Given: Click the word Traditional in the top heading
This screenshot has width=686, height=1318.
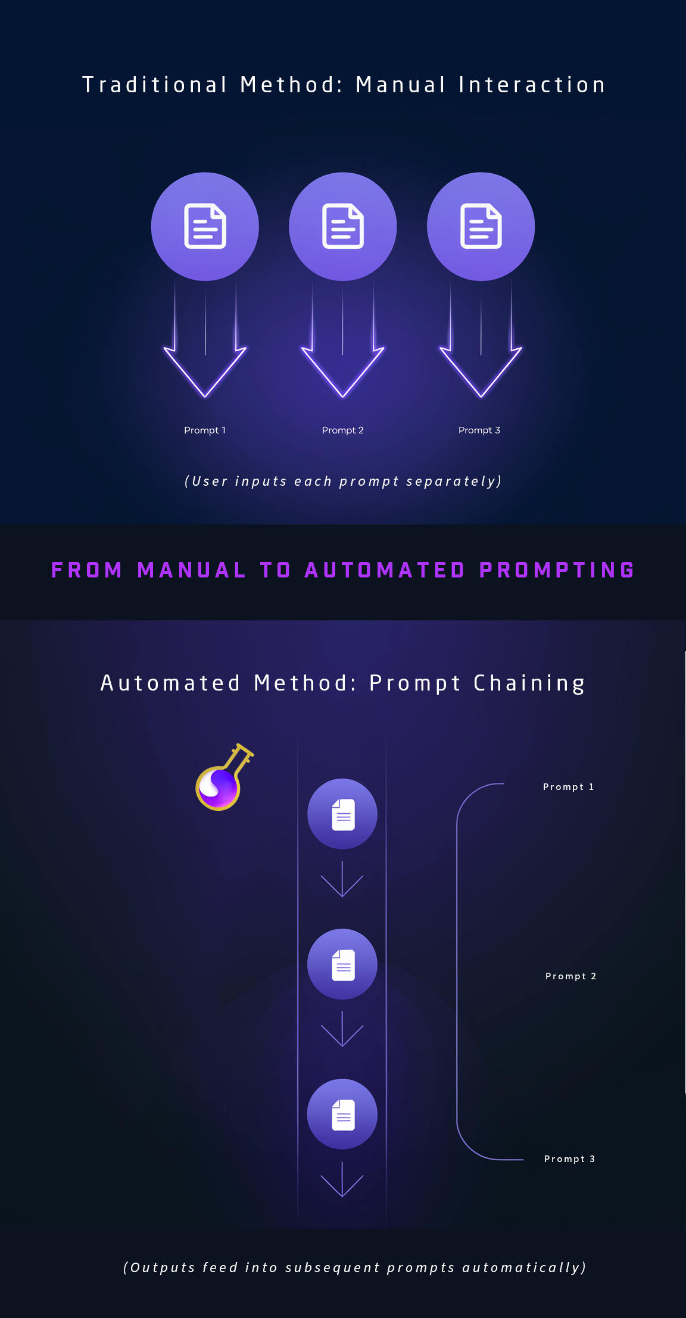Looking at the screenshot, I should pos(155,85).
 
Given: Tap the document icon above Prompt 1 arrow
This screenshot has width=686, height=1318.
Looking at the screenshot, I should pos(205,226).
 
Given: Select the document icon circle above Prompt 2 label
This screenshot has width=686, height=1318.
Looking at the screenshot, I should pos(343,226).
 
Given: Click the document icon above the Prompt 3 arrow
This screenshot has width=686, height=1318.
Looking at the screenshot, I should pos(481,226).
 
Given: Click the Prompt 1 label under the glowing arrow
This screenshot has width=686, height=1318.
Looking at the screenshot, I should pos(205,430).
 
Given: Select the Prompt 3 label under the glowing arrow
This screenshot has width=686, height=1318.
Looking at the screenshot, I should pos(479,430).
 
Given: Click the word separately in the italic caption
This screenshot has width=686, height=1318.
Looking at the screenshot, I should pos(454,482).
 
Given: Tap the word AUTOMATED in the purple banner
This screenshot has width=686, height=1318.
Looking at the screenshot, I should pos(385,570).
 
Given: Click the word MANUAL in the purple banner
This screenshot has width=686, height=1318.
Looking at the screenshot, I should pos(192,570).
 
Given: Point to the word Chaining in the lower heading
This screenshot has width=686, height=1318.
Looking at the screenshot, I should pos(529,683).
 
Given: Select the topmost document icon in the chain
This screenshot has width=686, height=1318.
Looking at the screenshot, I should pos(342,814).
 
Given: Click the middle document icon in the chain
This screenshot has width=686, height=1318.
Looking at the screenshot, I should pos(342,964).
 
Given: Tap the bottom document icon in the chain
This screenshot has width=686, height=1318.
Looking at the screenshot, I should pos(342,1114).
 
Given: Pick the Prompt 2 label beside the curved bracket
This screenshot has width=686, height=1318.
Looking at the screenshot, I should pos(570,976).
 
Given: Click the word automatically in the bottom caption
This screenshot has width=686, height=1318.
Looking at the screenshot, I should pos(524,1268).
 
